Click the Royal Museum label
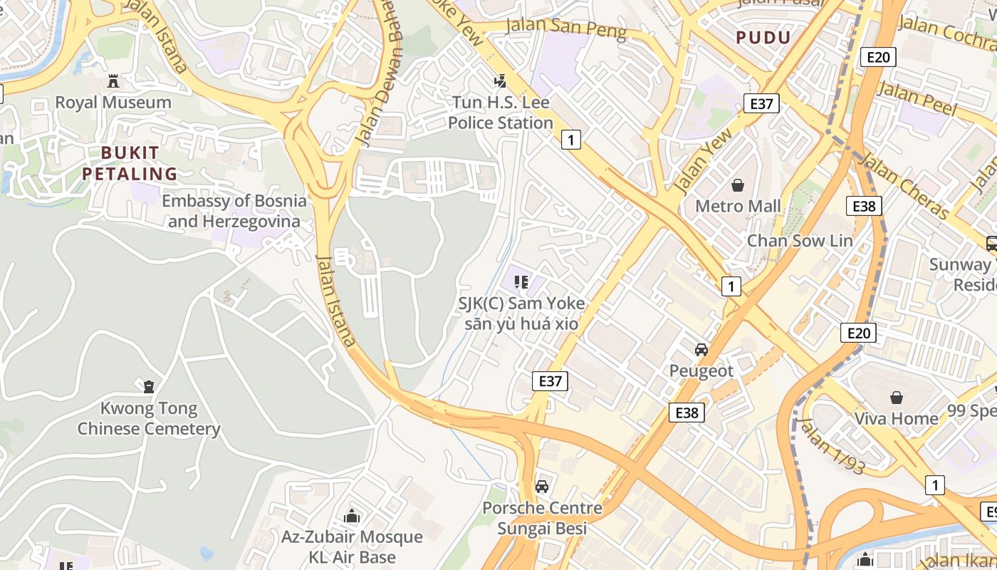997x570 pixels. pos(113,103)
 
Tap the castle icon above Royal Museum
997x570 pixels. pos(113,81)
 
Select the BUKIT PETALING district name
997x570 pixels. pos(129,163)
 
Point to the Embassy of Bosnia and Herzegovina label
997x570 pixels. pos(234,211)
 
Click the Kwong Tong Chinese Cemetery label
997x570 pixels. pos(149,419)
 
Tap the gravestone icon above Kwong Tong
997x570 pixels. pos(149,387)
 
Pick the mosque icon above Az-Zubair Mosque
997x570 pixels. pos(351,516)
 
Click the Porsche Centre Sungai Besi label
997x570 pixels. pos(542,518)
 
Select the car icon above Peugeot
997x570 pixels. pos(701,350)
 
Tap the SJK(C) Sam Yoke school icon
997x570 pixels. pos(521,282)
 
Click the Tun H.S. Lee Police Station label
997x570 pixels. pos(501,113)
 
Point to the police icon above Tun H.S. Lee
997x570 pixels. pos(501,81)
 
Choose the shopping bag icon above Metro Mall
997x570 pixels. pos(738,185)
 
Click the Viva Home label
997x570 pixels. pos(896,418)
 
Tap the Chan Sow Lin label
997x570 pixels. pos(799,241)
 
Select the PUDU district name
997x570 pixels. pos(763,38)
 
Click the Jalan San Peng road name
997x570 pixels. pos(565,28)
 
